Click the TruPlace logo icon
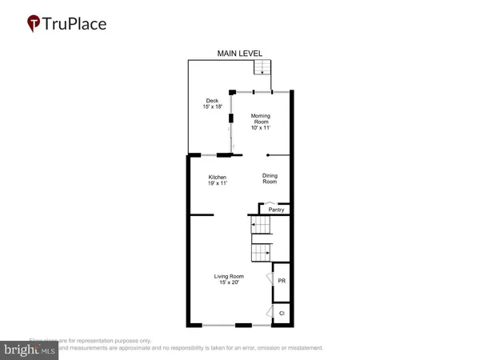[x=34, y=23]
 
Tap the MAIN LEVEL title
[x=240, y=54]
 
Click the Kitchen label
[x=218, y=177]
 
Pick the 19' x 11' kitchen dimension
[x=218, y=184]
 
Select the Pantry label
[x=277, y=210]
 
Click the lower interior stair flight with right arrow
[x=261, y=254]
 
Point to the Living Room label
[x=229, y=277]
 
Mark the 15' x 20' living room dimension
[x=229, y=284]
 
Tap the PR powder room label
[x=282, y=281]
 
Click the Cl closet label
[x=282, y=314]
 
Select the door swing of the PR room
[x=270, y=281]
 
